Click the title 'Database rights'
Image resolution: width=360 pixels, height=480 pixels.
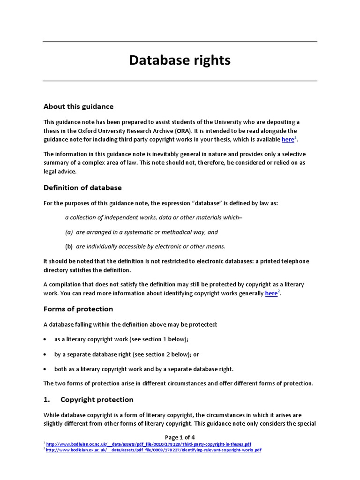[x=180, y=60]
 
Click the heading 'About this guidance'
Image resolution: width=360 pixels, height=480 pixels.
[x=78, y=106]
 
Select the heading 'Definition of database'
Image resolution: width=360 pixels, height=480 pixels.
[x=82, y=187]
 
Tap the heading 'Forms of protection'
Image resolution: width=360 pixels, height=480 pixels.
[x=78, y=309]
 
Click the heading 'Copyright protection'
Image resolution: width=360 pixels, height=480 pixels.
[x=97, y=399]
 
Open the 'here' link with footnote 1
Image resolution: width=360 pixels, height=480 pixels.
[x=288, y=140]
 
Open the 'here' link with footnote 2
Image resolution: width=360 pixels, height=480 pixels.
[x=271, y=293]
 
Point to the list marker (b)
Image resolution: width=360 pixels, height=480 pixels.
[x=69, y=246]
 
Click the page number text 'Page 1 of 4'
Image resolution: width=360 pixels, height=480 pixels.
[x=180, y=437]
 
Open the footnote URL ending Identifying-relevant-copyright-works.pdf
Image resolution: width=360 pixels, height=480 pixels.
[x=153, y=450]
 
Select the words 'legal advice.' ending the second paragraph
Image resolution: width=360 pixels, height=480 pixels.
[x=60, y=172]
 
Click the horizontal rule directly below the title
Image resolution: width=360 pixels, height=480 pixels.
[x=180, y=81]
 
